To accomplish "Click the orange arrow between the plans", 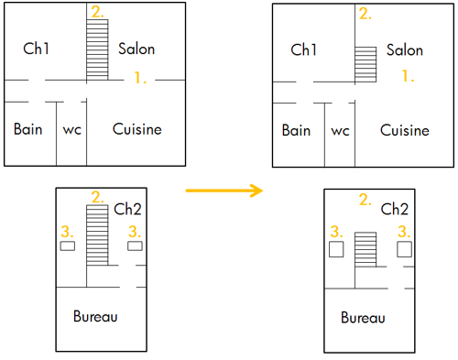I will click(224, 191).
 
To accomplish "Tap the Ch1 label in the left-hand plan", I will click(36, 49).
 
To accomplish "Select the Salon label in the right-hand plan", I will click(404, 50).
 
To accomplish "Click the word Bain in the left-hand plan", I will click(28, 129).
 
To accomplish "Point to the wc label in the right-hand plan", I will click(340, 131).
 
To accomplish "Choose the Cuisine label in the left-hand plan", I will click(137, 129).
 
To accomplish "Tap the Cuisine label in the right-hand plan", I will click(405, 131).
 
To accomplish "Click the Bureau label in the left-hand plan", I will click(95, 317).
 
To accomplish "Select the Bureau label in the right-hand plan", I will click(363, 319).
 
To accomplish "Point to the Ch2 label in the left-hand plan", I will click(127, 209).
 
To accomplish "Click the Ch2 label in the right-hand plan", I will click(395, 209).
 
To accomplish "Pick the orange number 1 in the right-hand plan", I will click(408, 78).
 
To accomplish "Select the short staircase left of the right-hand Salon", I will click(365, 63).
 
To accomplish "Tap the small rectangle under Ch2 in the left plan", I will click(136, 246).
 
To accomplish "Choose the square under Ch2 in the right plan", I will click(404, 248).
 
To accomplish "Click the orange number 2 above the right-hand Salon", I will click(365, 14).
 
